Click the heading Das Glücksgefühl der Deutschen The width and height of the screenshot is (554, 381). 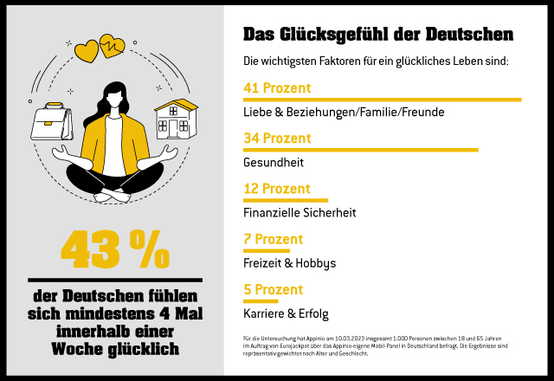click(377, 35)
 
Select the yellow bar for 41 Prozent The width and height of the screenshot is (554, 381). click(382, 100)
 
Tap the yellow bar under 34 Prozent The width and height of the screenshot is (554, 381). click(360, 150)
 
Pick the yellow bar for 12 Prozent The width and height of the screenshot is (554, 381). click(285, 200)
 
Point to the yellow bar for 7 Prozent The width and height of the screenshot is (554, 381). click(266, 250)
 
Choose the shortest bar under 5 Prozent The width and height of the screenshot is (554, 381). click(261, 300)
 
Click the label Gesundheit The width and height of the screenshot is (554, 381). click(274, 163)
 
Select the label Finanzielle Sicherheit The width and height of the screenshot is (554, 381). click(300, 213)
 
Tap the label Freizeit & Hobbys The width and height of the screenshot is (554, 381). click(289, 263)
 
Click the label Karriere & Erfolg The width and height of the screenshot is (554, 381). click(286, 313)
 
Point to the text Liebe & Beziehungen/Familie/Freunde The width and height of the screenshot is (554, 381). click(330, 113)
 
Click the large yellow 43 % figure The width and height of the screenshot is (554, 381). click(115, 250)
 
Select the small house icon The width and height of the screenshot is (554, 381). click(176, 119)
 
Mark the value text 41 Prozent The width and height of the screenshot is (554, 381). click(277, 87)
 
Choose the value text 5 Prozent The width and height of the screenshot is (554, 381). click(273, 289)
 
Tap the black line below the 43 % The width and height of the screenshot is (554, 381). click(115, 280)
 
